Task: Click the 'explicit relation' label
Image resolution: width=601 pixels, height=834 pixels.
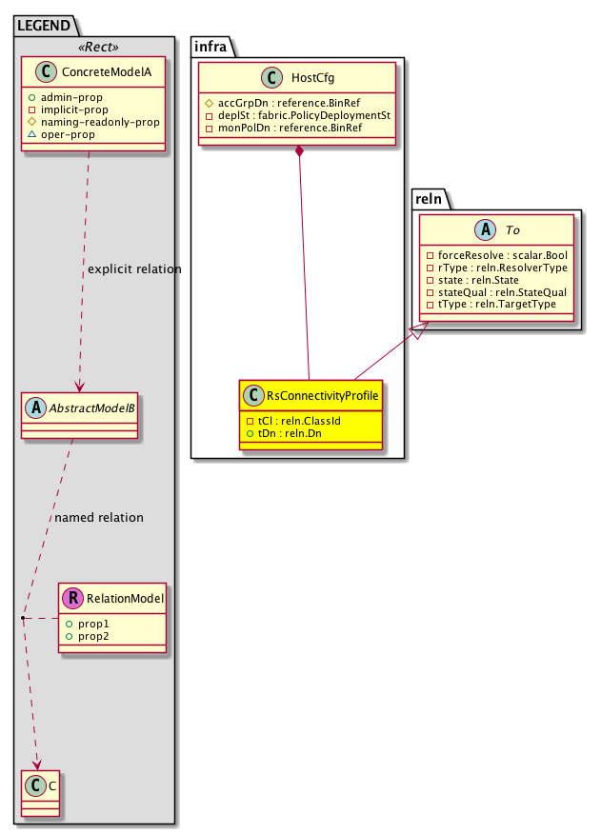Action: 133,269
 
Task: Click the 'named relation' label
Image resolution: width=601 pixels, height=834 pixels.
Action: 99,518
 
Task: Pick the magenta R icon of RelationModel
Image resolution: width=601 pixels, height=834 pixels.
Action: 72,600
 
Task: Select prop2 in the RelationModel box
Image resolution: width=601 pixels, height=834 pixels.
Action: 93,635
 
